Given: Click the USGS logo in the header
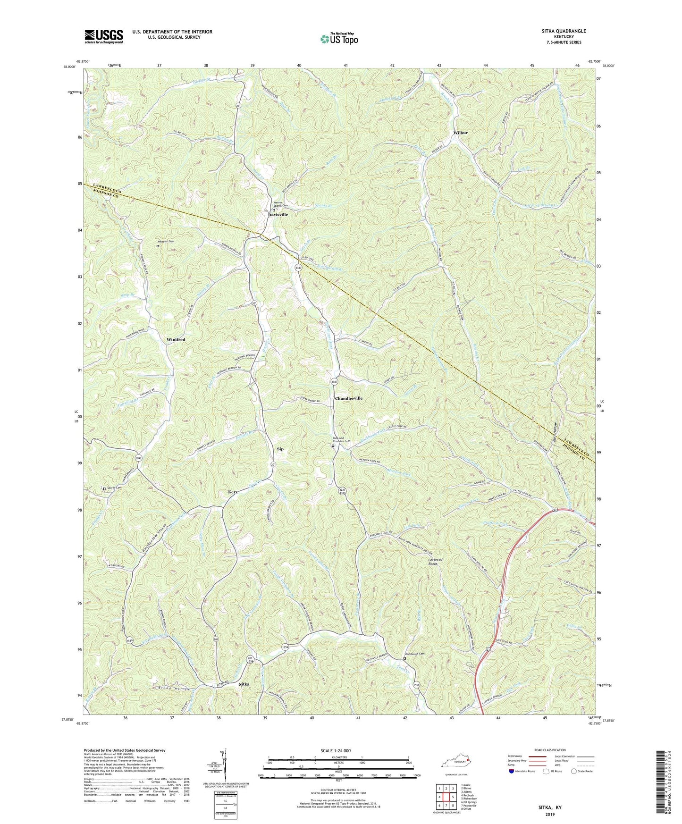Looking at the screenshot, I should click(104, 36).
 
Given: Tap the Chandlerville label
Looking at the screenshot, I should click(349, 399).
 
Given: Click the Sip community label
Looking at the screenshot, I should click(280, 449).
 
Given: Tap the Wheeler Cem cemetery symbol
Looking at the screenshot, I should click(158, 246).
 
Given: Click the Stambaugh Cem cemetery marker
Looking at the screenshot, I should click(404, 659).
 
